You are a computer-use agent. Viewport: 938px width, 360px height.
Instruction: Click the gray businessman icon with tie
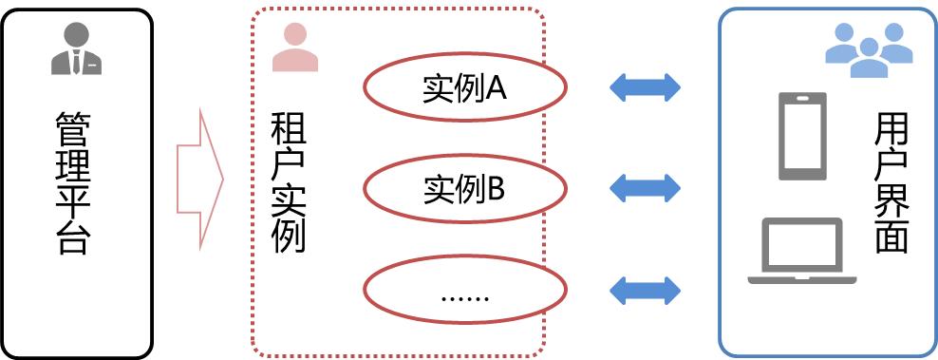76,49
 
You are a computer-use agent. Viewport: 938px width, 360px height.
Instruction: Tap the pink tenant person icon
294,47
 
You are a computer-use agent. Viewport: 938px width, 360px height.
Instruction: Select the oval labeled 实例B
465,188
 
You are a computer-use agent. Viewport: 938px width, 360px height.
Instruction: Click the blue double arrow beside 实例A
645,87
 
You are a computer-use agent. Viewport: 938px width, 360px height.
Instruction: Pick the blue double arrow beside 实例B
645,188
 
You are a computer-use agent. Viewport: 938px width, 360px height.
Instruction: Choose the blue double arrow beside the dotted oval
645,290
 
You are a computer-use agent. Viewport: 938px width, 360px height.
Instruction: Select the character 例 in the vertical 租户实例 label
288,234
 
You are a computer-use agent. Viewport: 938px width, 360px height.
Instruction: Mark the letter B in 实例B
497,188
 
